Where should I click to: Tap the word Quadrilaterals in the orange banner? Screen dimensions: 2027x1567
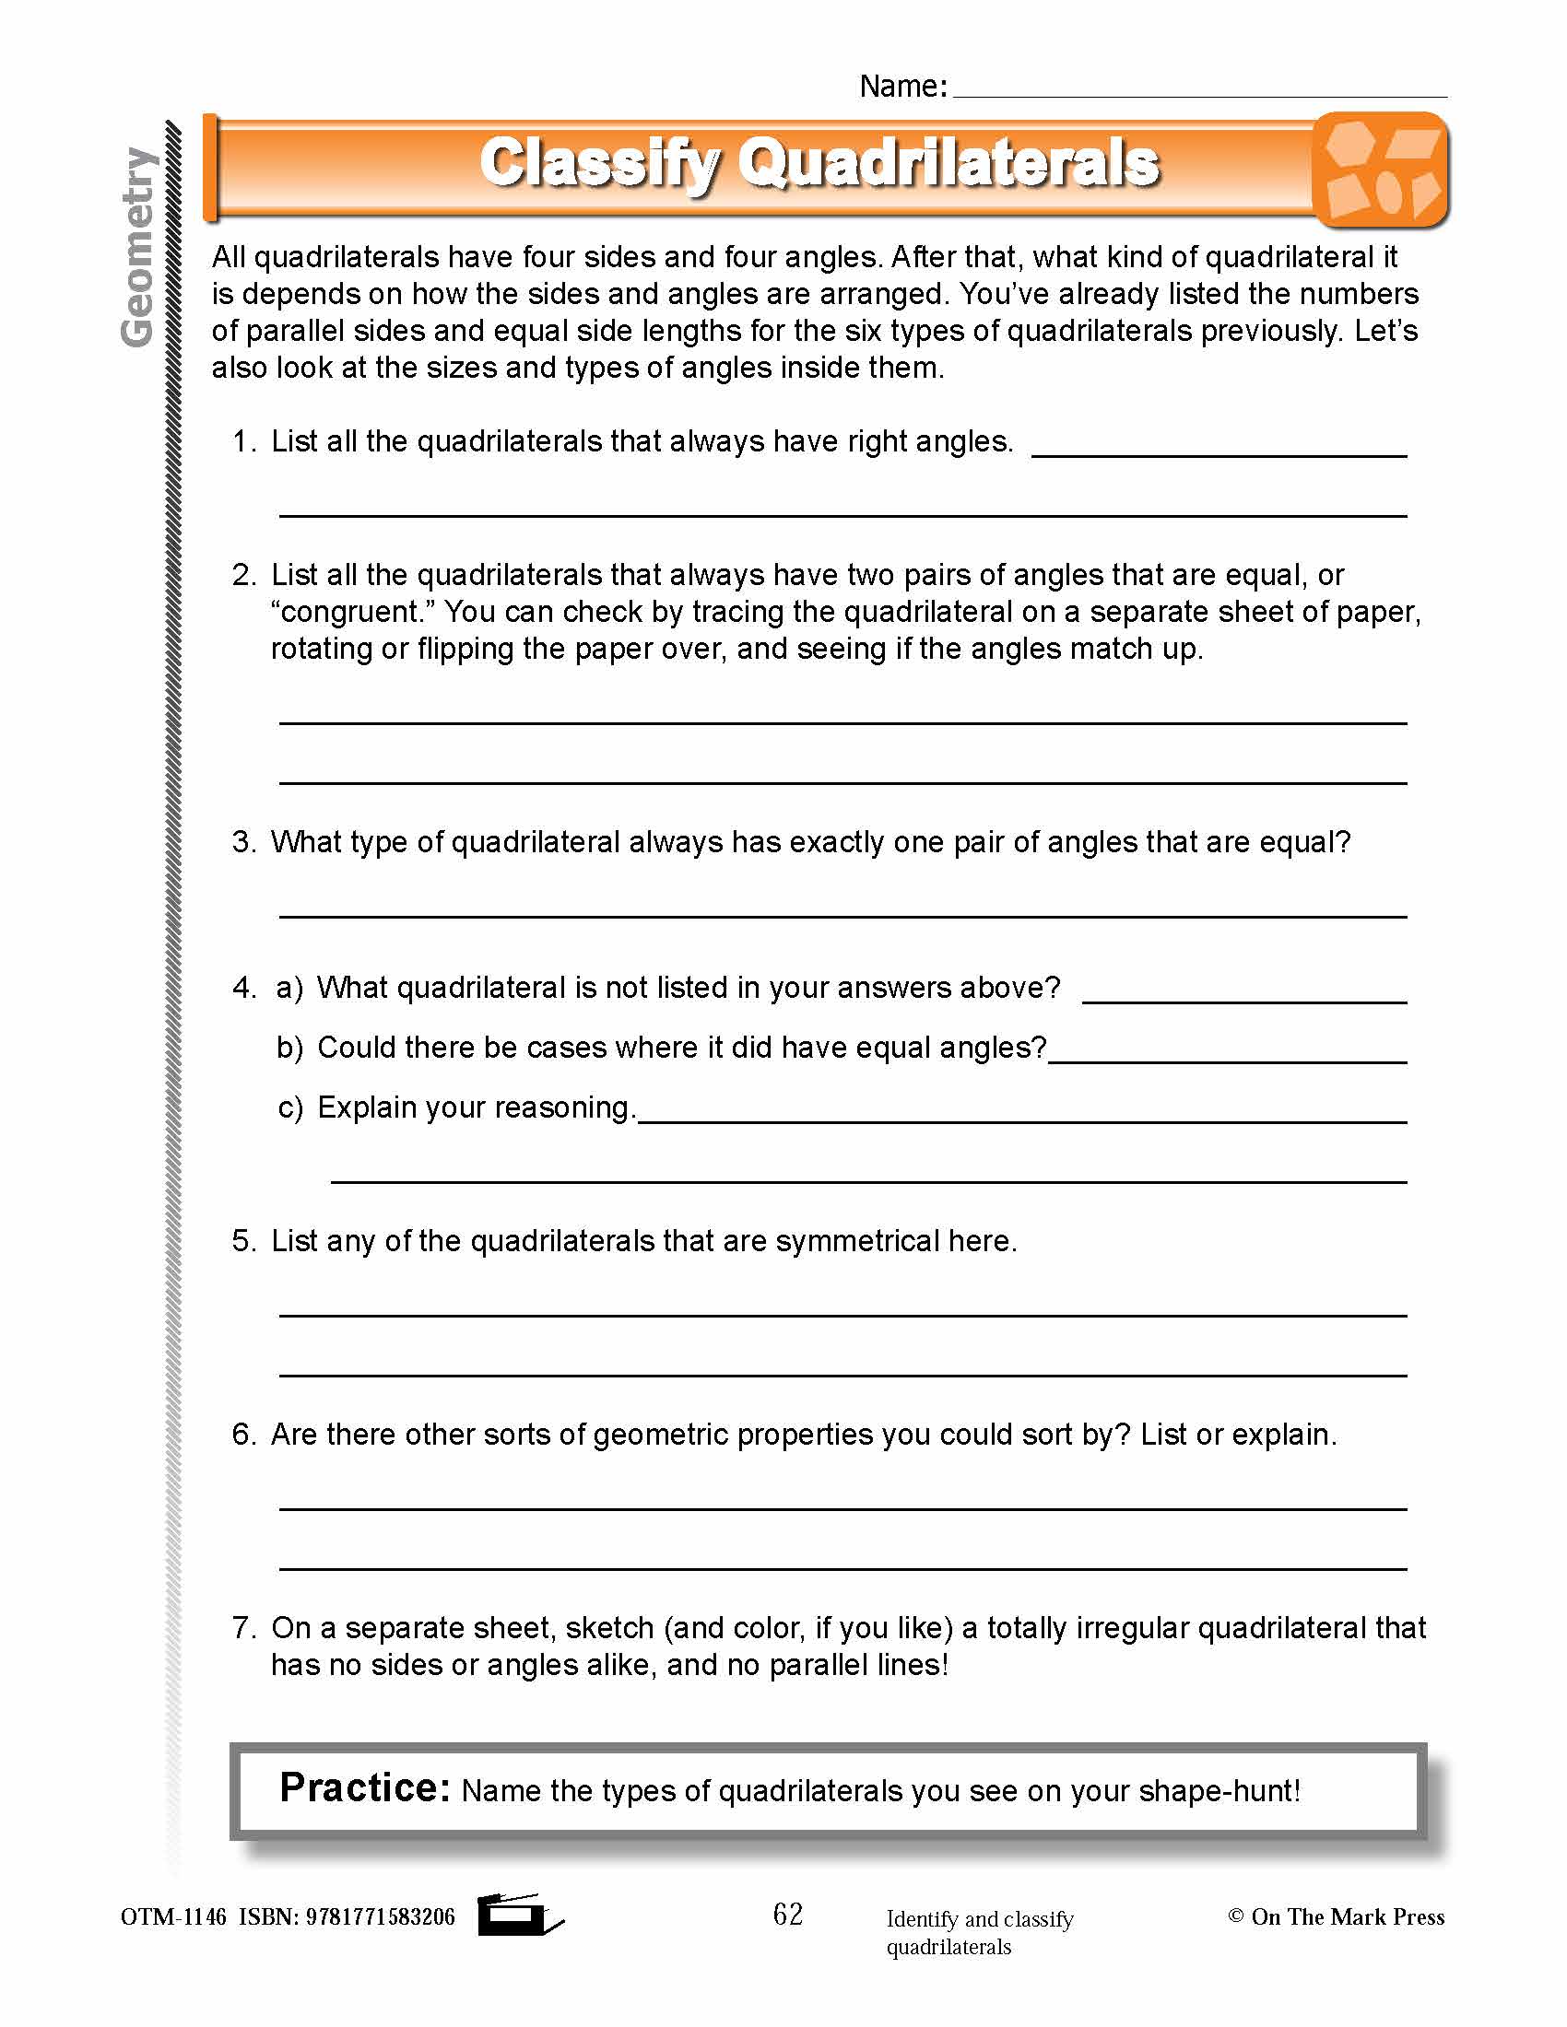(948, 163)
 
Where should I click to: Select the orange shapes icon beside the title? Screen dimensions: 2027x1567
(1381, 170)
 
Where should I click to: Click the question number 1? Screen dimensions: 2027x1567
(243, 441)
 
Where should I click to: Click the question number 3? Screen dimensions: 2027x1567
(243, 843)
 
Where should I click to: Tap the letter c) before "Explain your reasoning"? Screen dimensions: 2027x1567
(289, 1108)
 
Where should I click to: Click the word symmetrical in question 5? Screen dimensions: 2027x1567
(857, 1242)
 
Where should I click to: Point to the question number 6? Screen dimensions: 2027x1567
(243, 1435)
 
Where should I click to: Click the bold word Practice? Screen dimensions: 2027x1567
(364, 1788)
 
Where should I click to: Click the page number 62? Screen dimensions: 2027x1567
(787, 1914)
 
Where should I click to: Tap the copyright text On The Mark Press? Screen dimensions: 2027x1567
(1346, 1916)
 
